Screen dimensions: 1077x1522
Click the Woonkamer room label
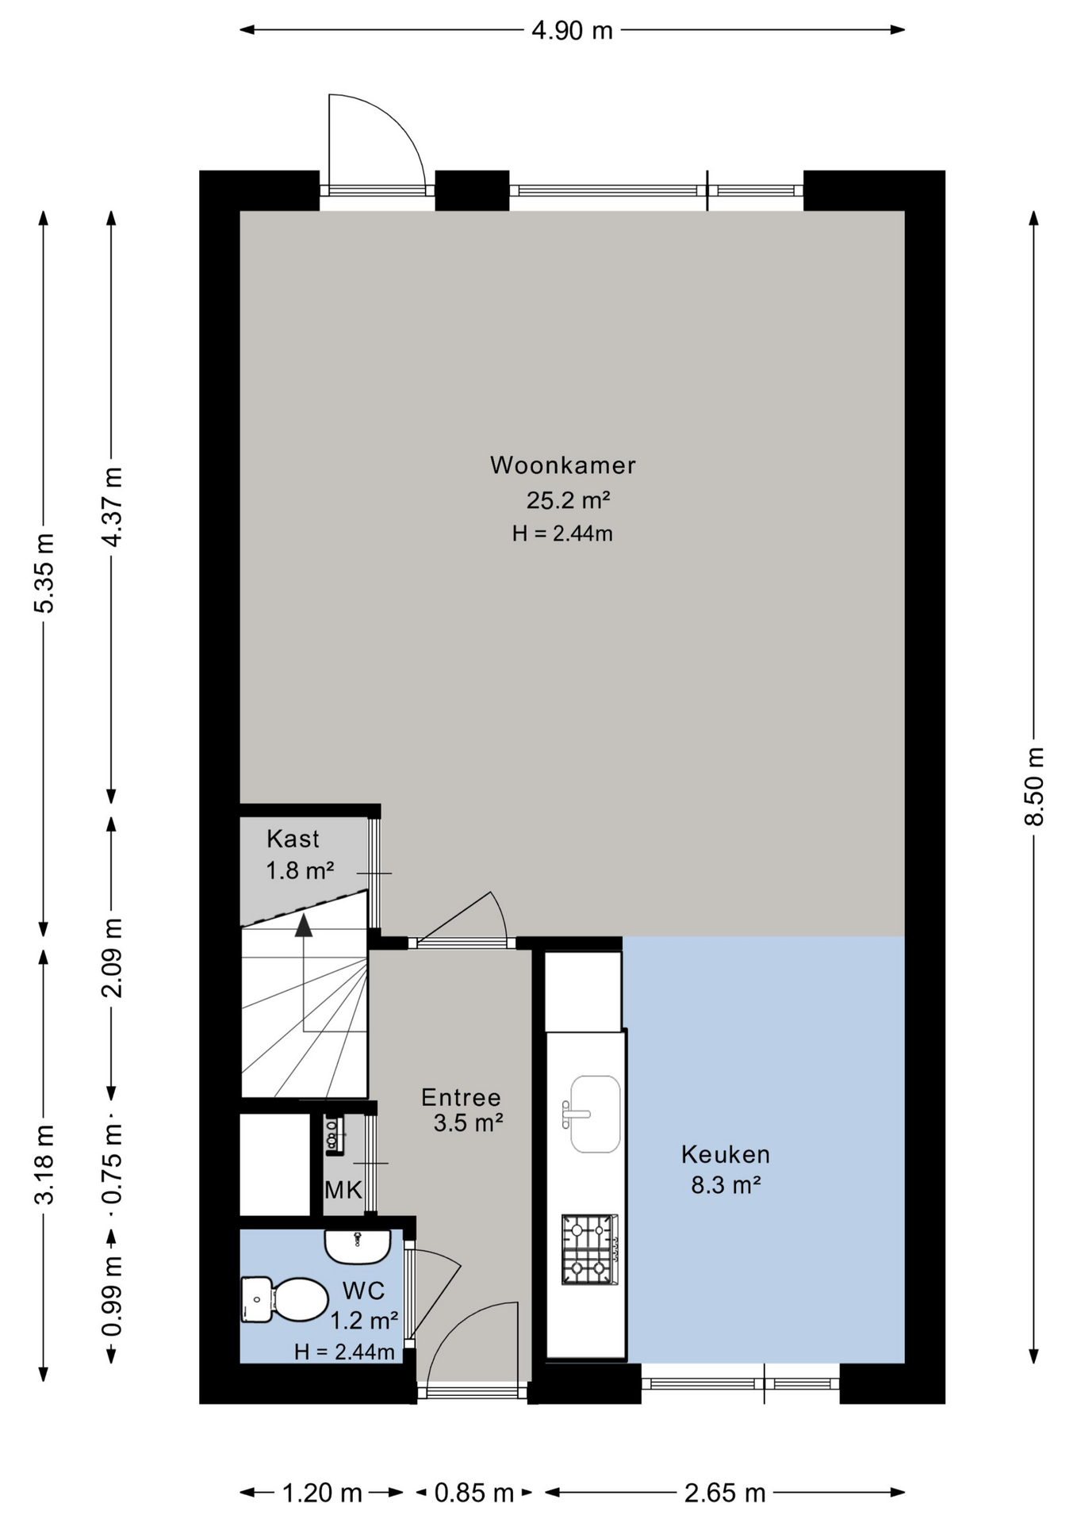(x=562, y=465)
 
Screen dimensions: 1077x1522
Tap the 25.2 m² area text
(x=568, y=501)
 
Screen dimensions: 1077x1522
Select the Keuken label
(x=725, y=1155)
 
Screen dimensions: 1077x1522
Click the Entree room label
(x=461, y=1098)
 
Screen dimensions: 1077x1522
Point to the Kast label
(x=293, y=839)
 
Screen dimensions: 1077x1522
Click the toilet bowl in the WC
(x=285, y=1300)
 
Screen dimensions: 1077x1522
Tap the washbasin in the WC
(x=358, y=1246)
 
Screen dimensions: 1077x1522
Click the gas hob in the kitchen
(x=590, y=1249)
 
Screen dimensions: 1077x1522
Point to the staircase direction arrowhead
(x=303, y=925)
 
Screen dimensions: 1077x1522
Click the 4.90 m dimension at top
(x=572, y=30)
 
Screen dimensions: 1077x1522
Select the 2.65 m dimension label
(x=725, y=1493)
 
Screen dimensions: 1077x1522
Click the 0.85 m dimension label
(x=474, y=1493)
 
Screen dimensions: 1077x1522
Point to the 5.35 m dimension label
(x=44, y=573)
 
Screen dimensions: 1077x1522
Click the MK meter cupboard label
(x=343, y=1190)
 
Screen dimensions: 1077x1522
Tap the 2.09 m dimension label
(x=113, y=958)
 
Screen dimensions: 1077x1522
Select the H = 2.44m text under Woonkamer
(x=562, y=533)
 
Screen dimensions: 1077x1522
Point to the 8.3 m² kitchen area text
(x=726, y=1186)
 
